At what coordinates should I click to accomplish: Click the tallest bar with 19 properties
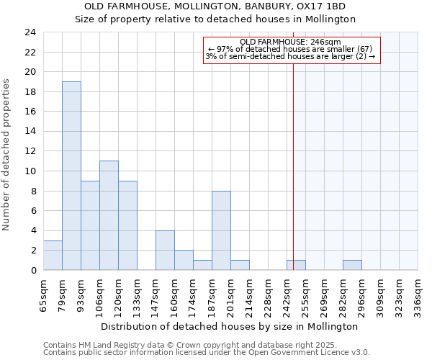tap(71, 176)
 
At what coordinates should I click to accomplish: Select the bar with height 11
tap(109, 215)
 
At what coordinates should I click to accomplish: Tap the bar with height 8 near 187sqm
tap(221, 230)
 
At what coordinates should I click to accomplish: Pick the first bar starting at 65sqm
tap(53, 256)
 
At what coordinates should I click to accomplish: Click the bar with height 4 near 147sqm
tap(165, 251)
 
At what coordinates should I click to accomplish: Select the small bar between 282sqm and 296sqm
tap(352, 265)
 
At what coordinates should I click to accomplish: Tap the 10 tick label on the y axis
tap(30, 171)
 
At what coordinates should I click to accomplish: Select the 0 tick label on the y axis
tap(32, 271)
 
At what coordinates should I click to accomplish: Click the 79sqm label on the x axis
tap(63, 295)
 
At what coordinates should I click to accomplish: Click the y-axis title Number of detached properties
tap(7, 155)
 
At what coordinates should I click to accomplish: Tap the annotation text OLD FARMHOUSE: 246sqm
tap(291, 42)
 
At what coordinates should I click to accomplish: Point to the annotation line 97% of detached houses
tap(290, 49)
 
